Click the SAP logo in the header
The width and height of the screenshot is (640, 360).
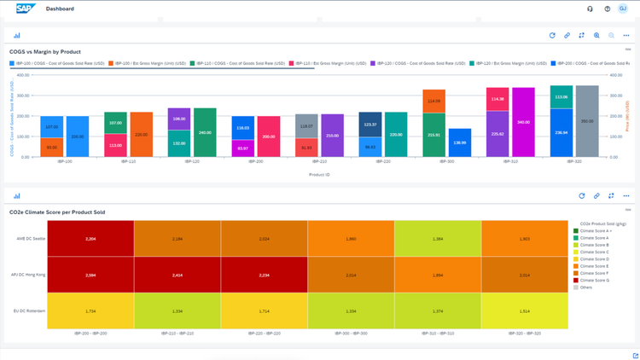click(x=26, y=9)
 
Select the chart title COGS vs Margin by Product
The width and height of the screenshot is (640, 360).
click(x=44, y=52)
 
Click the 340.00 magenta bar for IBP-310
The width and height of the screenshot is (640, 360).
click(x=522, y=122)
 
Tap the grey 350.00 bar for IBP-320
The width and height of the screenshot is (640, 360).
click(x=587, y=121)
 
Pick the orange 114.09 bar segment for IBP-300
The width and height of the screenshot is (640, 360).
click(x=433, y=102)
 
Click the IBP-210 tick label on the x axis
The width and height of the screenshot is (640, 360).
click(x=320, y=161)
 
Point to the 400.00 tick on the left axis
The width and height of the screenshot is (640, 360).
click(x=23, y=75)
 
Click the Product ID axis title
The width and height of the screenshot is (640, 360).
click(x=320, y=174)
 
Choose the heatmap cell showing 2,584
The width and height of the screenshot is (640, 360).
click(x=90, y=276)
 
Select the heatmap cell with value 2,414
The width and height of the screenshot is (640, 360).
click(x=177, y=276)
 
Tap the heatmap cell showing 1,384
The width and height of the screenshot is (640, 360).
click(x=438, y=239)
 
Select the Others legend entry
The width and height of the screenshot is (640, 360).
click(x=586, y=287)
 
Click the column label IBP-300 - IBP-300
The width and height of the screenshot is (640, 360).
click(x=351, y=334)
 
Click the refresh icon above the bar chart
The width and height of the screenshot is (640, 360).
click(x=552, y=36)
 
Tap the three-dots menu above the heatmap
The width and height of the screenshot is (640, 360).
click(x=626, y=196)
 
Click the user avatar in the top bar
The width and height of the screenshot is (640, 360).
click(x=623, y=9)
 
